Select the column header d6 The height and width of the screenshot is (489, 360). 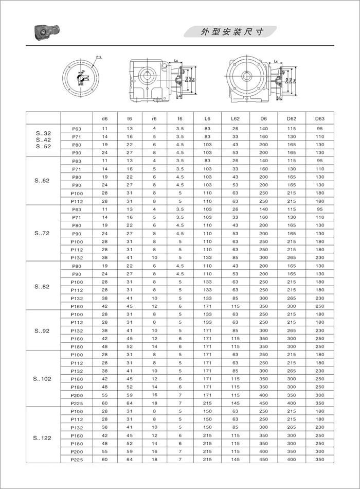(x=105, y=118)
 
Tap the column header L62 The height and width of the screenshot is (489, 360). (x=236, y=118)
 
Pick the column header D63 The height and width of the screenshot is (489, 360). (x=319, y=118)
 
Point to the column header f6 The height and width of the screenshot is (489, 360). (x=179, y=118)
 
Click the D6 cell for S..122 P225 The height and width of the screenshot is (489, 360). (x=264, y=459)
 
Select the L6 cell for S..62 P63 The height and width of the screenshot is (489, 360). (x=208, y=161)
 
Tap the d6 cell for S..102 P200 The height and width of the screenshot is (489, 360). (x=105, y=394)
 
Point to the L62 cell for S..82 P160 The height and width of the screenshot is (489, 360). (x=236, y=306)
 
